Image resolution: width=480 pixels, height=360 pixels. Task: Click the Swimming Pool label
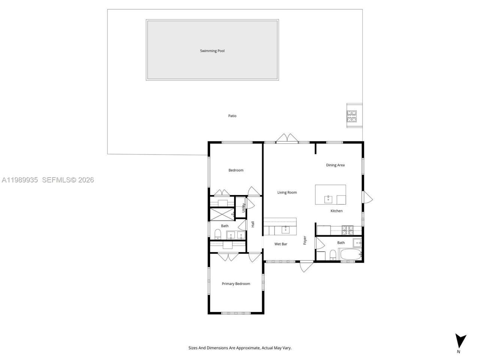tap(212, 51)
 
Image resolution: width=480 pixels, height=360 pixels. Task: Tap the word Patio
tap(232, 116)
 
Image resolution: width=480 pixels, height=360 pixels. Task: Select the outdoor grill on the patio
tap(351, 116)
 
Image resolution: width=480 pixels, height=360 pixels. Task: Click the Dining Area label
tap(335, 165)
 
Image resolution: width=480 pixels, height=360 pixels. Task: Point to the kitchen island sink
tap(328, 197)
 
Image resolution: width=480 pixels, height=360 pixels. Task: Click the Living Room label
tap(287, 192)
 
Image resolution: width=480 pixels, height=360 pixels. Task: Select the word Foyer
tap(305, 240)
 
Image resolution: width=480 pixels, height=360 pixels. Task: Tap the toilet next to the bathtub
tap(332, 256)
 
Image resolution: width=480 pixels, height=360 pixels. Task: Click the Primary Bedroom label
tap(236, 284)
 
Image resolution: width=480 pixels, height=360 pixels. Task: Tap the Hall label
tap(253, 224)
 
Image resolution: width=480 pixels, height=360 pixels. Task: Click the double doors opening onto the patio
tap(287, 138)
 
